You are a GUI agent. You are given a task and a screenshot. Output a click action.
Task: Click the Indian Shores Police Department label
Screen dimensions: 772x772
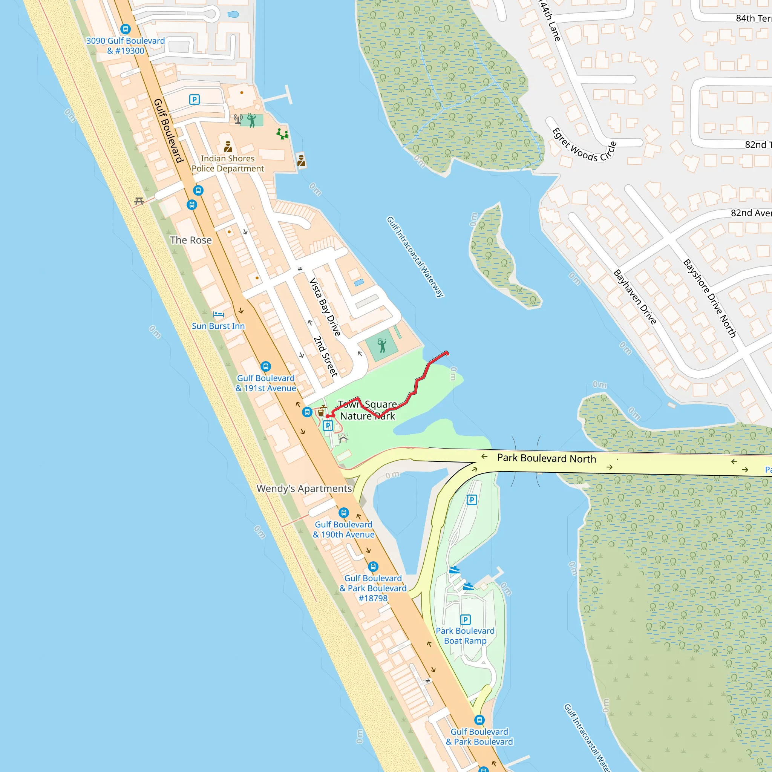(x=227, y=164)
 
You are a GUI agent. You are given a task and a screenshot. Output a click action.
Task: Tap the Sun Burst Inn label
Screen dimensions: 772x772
(x=218, y=326)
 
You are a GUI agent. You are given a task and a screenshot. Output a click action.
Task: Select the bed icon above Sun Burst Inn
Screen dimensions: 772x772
(x=218, y=314)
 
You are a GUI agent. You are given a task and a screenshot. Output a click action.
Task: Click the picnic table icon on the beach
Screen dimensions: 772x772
(x=139, y=201)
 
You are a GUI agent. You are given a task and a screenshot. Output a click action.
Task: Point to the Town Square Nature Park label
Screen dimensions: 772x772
(x=367, y=410)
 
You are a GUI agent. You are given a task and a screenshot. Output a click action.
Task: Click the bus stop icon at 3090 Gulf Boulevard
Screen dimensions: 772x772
(x=126, y=29)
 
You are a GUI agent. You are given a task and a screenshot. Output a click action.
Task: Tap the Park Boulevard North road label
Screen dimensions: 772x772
(x=546, y=458)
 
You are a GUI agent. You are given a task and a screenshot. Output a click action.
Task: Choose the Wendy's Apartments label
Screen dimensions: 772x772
(x=304, y=488)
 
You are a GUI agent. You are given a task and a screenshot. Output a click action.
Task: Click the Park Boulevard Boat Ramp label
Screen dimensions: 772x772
(x=465, y=636)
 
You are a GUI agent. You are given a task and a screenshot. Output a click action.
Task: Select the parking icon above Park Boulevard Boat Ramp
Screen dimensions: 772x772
(x=465, y=620)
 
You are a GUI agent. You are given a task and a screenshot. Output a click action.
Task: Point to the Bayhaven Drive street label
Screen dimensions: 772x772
(x=634, y=297)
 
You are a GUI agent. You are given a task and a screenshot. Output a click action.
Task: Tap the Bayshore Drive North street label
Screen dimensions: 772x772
(x=709, y=298)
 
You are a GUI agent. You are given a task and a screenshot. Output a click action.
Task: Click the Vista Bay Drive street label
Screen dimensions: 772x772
(x=325, y=307)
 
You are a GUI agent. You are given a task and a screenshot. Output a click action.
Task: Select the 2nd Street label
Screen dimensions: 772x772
(x=325, y=356)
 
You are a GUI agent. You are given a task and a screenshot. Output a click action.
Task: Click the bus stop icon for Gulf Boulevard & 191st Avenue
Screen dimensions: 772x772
(x=266, y=366)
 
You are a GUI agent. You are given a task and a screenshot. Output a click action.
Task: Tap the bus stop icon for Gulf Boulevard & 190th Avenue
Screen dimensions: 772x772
(x=344, y=513)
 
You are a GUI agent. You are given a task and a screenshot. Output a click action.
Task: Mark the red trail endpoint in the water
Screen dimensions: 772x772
(x=447, y=353)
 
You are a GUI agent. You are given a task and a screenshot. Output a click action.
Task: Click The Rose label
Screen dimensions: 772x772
(x=191, y=240)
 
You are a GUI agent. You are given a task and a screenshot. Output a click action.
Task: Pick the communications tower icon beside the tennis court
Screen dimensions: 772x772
(x=238, y=119)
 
